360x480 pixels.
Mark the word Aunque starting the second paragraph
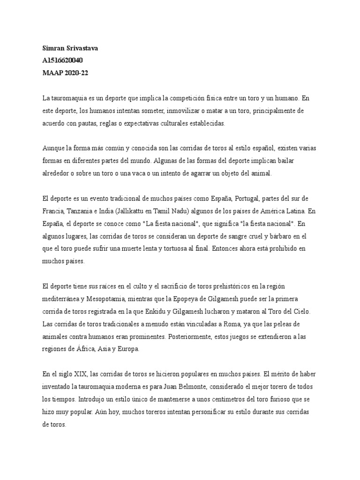tap(53, 148)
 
